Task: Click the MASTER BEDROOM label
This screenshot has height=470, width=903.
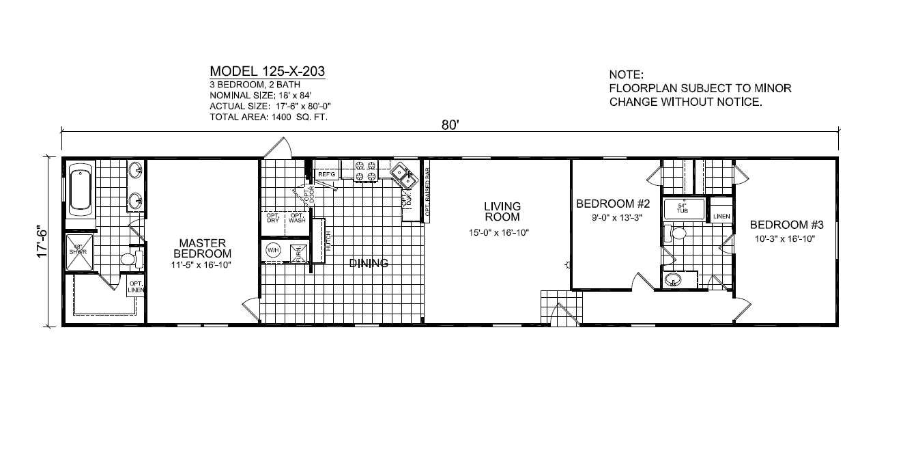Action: pos(202,248)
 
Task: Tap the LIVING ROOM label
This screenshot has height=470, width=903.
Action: pos(502,212)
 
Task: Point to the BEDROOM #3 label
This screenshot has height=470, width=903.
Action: pos(787,225)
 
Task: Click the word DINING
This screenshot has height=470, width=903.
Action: pos(369,263)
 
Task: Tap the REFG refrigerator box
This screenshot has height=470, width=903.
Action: pos(326,175)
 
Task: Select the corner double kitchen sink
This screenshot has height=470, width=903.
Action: pos(403,176)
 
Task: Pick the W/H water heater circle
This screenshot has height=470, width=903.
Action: pos(273,251)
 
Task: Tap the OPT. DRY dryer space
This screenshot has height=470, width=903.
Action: pos(272,219)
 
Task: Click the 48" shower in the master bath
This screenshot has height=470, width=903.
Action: pos(78,250)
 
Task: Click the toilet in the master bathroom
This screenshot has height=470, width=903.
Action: pos(130,260)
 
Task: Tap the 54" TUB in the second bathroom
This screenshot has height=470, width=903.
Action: pos(681,208)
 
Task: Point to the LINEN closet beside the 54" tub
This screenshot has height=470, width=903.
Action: pos(721,217)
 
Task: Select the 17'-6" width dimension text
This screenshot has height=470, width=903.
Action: pos(44,241)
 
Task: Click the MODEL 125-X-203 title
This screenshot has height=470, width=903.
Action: pos(267,72)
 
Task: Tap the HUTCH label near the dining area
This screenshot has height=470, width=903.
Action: pos(328,241)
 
